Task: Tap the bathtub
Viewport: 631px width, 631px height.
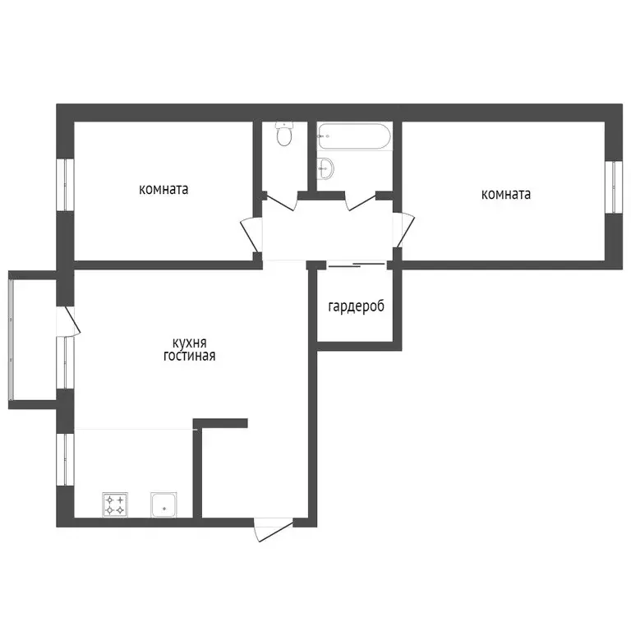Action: (x=354, y=136)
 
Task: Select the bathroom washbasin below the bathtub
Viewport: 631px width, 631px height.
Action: (x=326, y=168)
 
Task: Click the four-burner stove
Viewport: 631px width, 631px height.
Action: (x=114, y=504)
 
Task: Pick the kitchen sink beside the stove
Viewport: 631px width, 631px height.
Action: (x=164, y=504)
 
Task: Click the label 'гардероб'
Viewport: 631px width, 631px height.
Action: (x=356, y=306)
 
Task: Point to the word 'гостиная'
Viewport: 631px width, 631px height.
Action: (x=189, y=356)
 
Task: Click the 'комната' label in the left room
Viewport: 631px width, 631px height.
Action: (x=164, y=189)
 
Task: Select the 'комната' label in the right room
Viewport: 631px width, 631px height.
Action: (x=505, y=195)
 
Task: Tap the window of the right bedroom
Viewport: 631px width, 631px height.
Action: (x=611, y=187)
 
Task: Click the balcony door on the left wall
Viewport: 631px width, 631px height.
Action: (x=67, y=322)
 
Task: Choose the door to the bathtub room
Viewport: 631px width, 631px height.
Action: (x=360, y=200)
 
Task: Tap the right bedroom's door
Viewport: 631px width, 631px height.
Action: (x=404, y=230)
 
